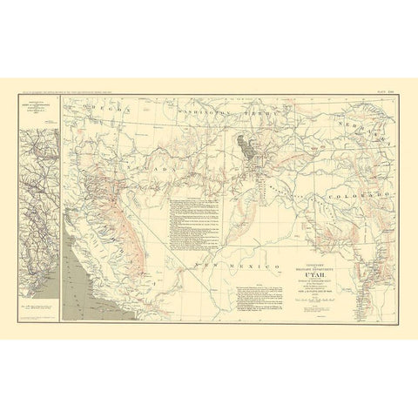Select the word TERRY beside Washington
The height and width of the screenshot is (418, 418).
tap(253, 115)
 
